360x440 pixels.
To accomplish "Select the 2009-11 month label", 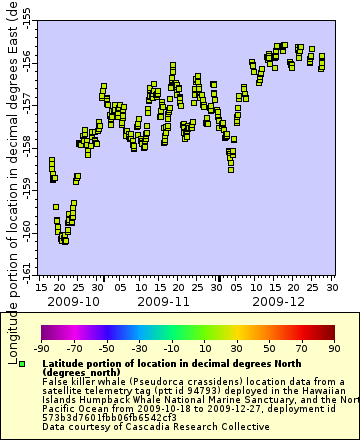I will click(x=164, y=300).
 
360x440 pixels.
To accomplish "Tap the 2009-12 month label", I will click(x=279, y=300).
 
